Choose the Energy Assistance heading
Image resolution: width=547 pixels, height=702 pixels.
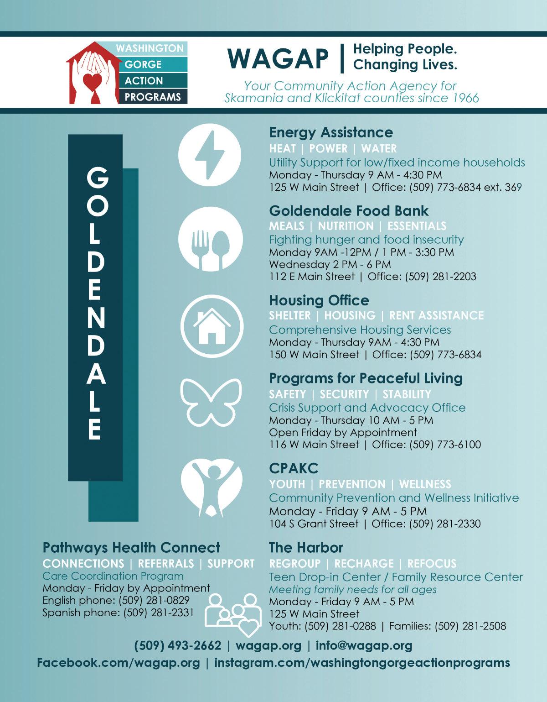point(331,132)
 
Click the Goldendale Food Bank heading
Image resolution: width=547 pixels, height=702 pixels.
point(349,210)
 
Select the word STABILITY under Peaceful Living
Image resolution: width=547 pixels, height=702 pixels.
point(407,394)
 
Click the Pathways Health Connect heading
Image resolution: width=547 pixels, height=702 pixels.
point(131,547)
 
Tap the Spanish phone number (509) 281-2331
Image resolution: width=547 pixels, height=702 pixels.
point(158,612)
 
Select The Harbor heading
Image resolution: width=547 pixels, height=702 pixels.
point(306,547)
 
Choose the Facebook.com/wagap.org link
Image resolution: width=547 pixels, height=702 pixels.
point(118,662)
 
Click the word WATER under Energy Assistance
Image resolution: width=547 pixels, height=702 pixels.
point(379,148)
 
